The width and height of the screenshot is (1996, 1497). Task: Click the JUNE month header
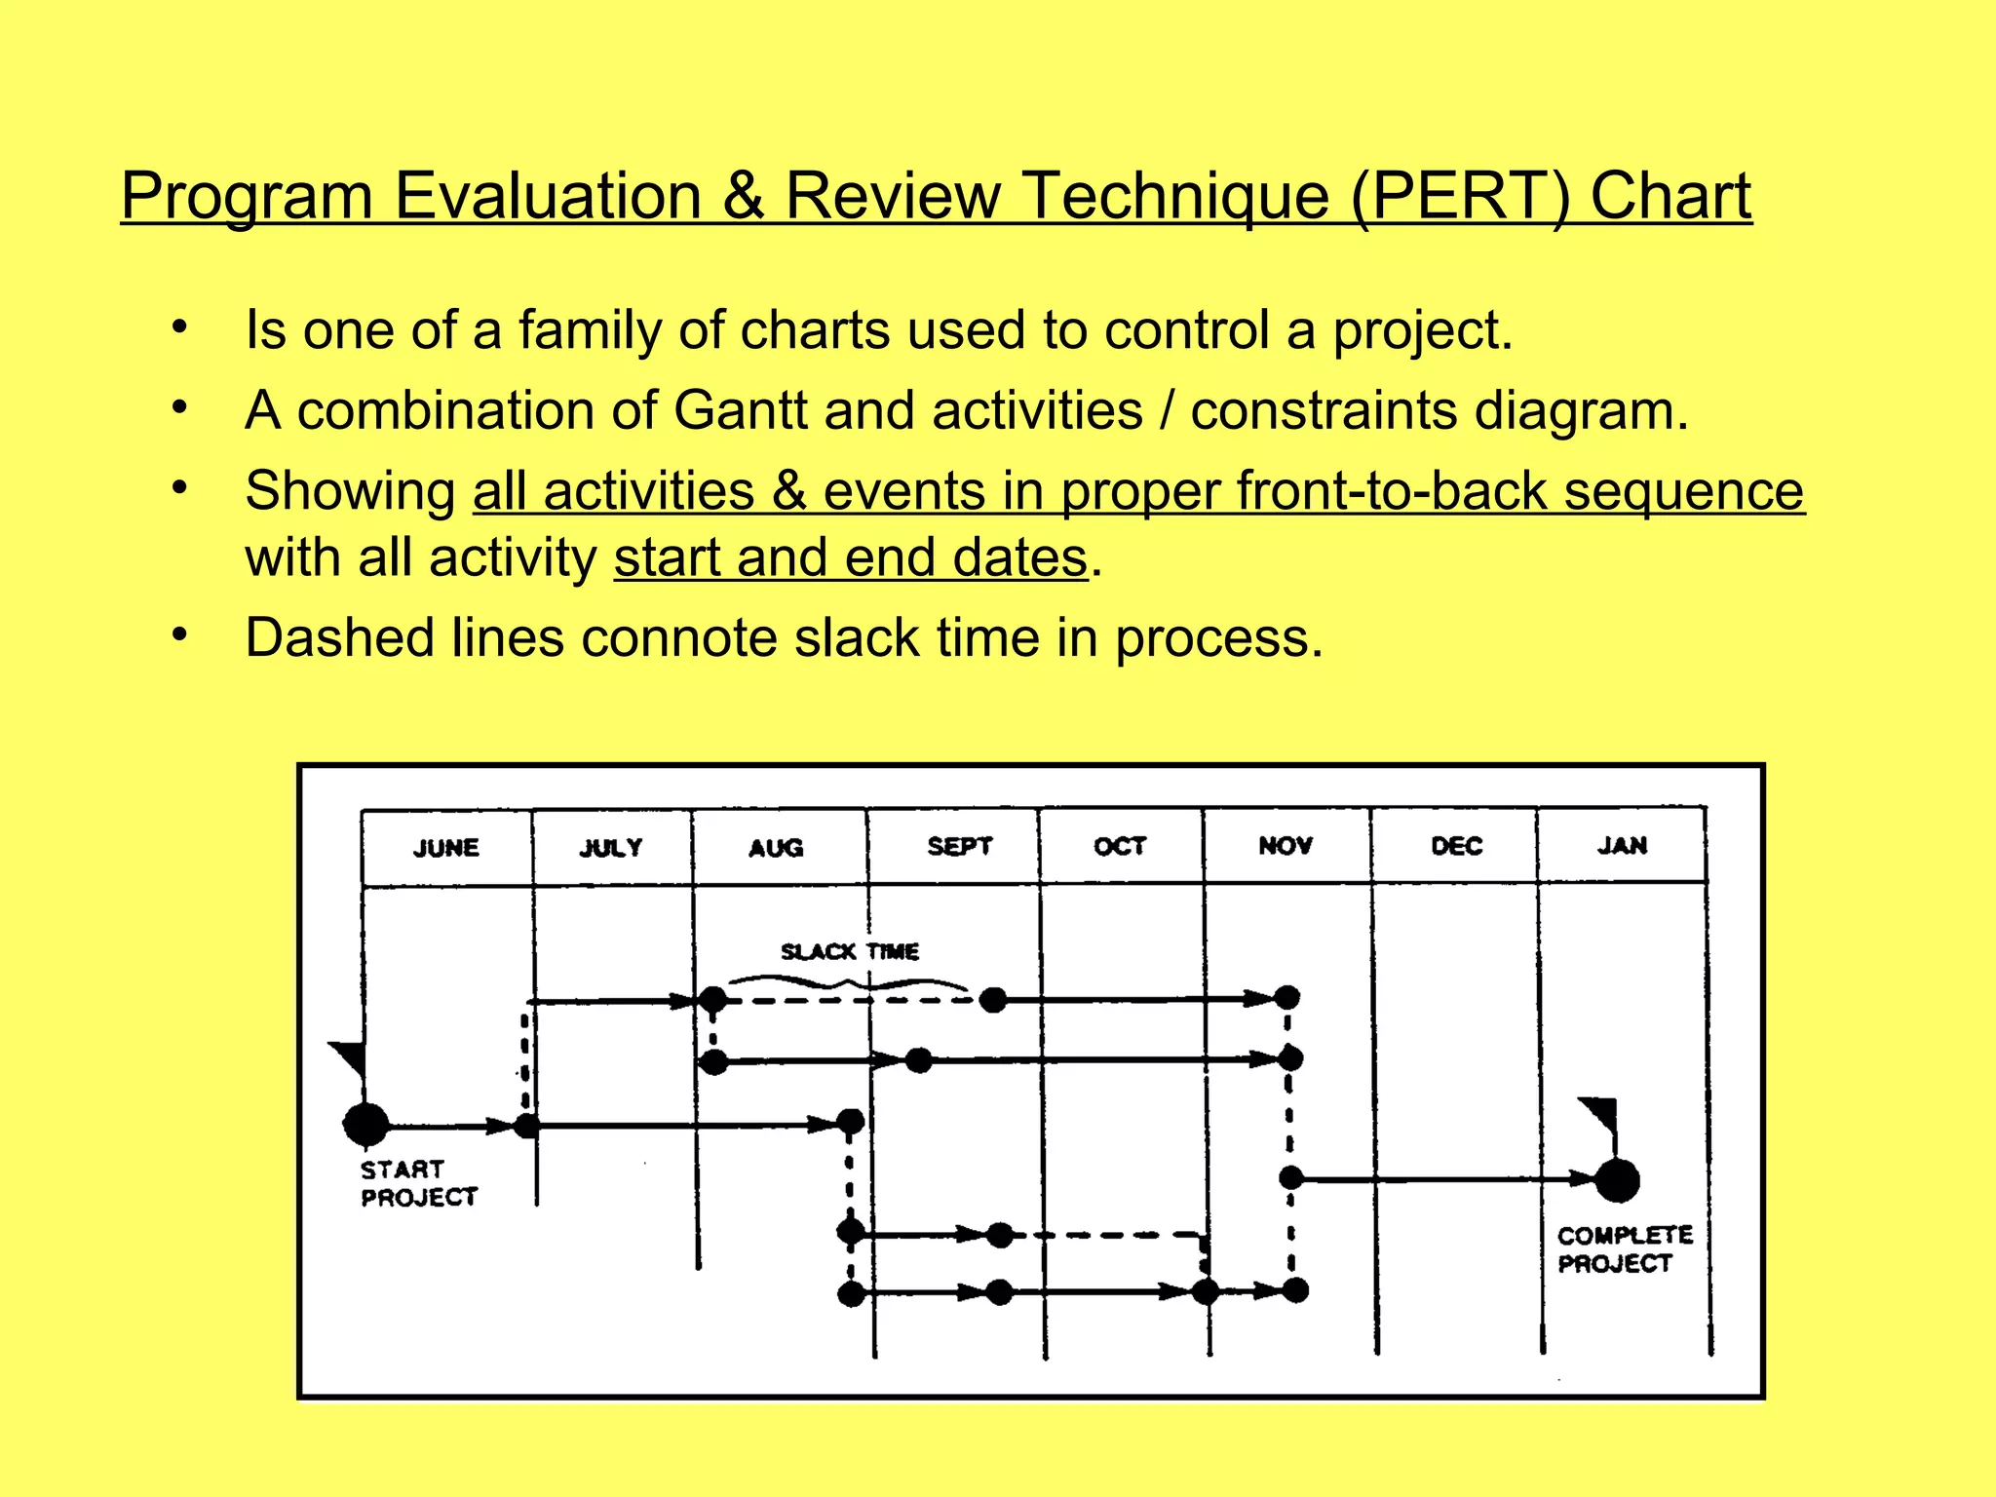446,847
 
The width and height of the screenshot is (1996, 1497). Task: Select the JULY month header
611,847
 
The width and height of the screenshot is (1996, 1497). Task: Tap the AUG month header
776,847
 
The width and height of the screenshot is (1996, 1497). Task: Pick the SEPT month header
959,845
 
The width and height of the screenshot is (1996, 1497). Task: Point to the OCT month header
1119,845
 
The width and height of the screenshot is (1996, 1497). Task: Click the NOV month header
1285,845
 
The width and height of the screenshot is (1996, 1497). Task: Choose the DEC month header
1456,845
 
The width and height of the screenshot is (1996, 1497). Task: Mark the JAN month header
1622,845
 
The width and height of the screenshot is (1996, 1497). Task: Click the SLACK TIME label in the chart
849,951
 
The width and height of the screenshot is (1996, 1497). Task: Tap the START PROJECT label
418,1183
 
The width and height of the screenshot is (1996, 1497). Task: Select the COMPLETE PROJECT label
1624,1249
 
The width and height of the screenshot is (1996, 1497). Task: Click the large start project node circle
366,1125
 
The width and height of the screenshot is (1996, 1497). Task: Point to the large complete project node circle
1617,1180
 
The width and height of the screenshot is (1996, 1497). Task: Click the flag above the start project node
349,1056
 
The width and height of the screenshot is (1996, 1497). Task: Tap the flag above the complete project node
1600,1112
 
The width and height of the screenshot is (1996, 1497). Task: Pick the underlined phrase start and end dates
850,558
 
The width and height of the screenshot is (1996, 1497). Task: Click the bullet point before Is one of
178,328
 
